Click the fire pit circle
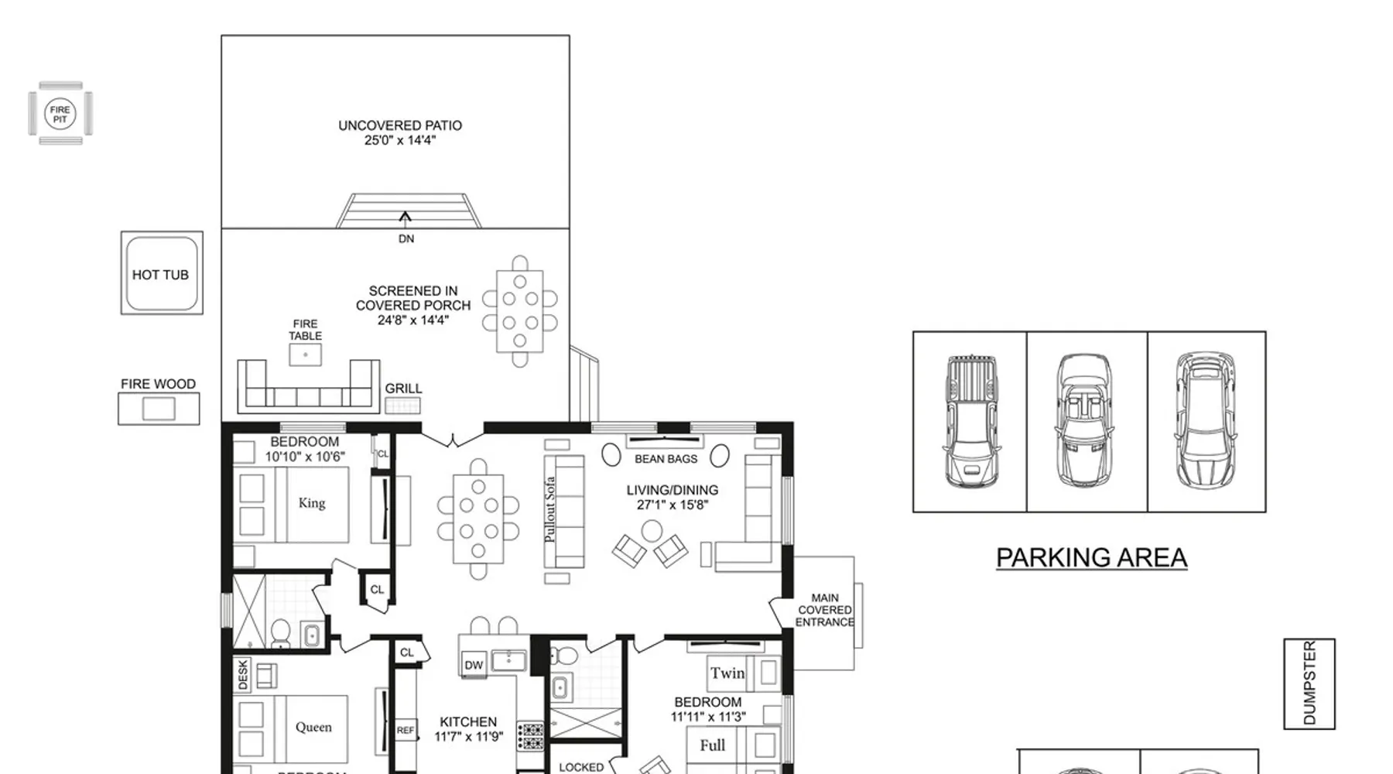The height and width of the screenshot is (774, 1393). pyautogui.click(x=60, y=114)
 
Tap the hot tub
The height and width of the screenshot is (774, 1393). pyautogui.click(x=162, y=273)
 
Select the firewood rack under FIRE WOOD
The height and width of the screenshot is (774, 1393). pyautogui.click(x=159, y=409)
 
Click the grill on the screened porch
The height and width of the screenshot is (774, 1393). pyautogui.click(x=402, y=405)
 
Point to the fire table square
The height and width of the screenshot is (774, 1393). pyautogui.click(x=306, y=354)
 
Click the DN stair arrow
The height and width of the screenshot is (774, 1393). pyautogui.click(x=405, y=218)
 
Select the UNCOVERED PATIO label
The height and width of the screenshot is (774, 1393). pyautogui.click(x=400, y=125)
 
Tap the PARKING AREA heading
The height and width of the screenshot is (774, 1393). pyautogui.click(x=1091, y=557)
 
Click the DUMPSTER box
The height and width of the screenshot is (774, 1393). pyautogui.click(x=1309, y=683)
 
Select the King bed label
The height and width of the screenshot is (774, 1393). pyautogui.click(x=312, y=503)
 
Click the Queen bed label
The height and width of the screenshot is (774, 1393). pyautogui.click(x=313, y=727)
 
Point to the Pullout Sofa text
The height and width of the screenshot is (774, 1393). pyautogui.click(x=549, y=509)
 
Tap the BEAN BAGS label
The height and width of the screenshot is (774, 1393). pyautogui.click(x=666, y=459)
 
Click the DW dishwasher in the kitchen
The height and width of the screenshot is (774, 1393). pyautogui.click(x=474, y=665)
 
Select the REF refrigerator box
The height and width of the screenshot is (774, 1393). pyautogui.click(x=406, y=731)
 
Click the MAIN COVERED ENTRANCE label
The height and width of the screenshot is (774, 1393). pyautogui.click(x=825, y=610)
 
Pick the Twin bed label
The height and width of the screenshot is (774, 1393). pyautogui.click(x=727, y=673)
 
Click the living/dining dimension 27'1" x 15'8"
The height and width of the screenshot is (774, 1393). pyautogui.click(x=672, y=505)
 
